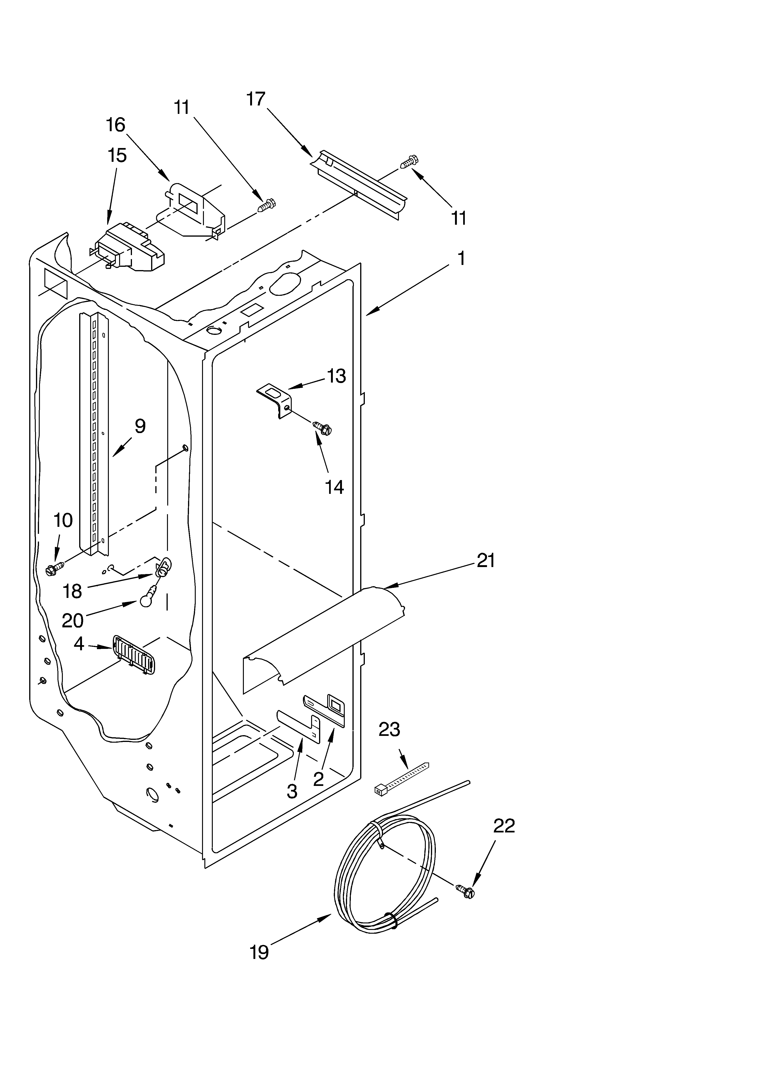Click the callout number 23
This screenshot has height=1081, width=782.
[389, 730]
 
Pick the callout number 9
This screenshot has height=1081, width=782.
[139, 426]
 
